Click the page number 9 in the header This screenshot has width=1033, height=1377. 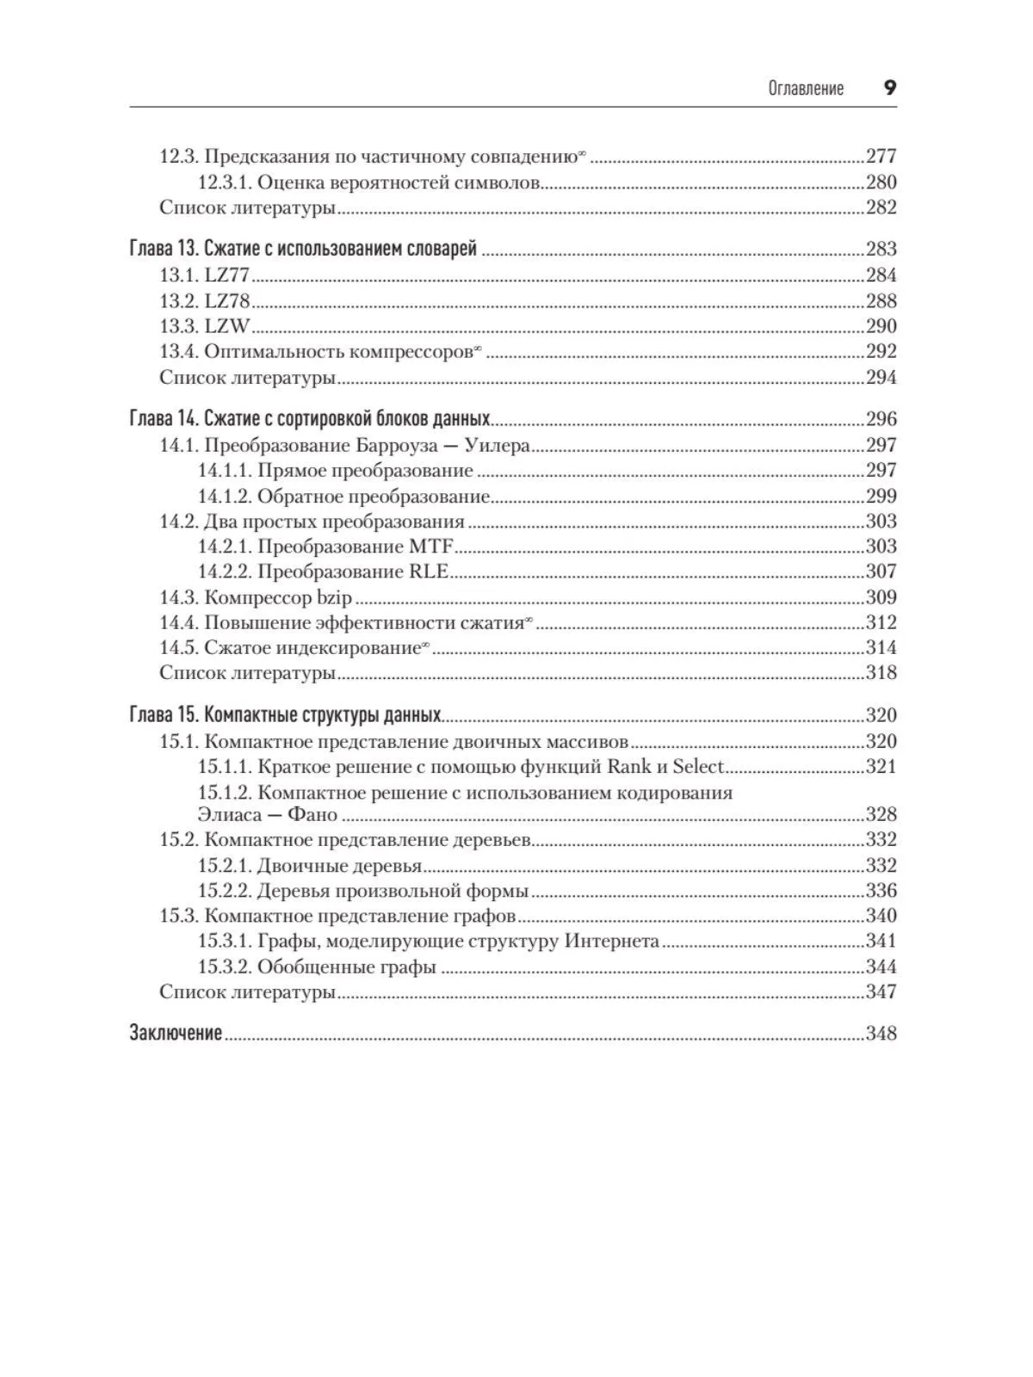pos(889,87)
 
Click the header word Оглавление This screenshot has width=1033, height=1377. pos(806,88)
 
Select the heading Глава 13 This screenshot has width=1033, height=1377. pos(163,250)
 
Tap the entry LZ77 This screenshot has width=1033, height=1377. pos(226,275)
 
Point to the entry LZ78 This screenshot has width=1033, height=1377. pos(226,301)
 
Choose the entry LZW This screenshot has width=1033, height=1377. pos(226,326)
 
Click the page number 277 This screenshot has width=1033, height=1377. pos(881,156)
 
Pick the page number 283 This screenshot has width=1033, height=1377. pos(881,250)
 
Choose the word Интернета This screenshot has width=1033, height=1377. pos(612,941)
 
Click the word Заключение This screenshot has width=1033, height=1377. pos(176,1034)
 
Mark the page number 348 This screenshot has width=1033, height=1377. pos(881,1034)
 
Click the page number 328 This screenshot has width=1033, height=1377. pos(881,814)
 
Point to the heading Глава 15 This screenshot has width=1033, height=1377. pos(163,716)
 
